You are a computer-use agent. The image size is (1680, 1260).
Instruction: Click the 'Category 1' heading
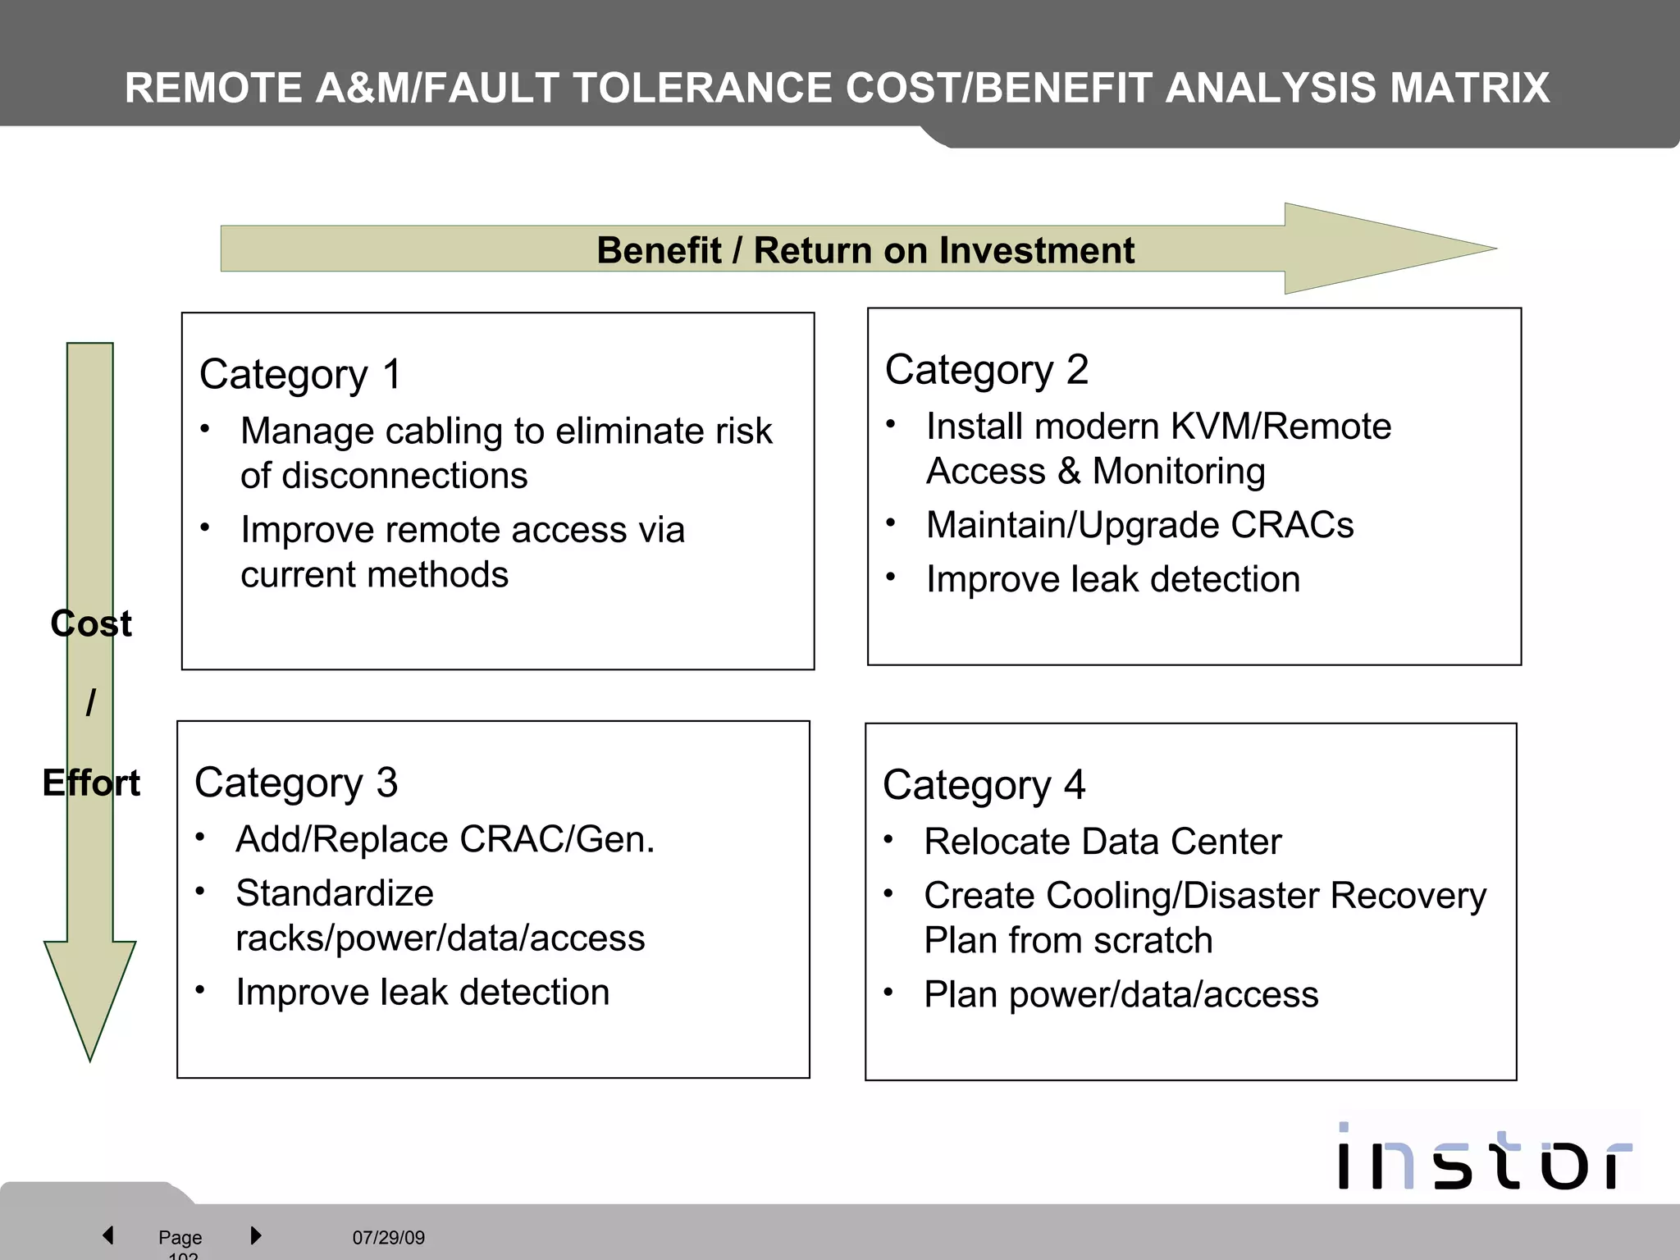(x=300, y=375)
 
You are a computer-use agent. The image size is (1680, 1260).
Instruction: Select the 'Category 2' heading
(x=986, y=370)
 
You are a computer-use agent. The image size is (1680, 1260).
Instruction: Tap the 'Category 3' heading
(x=295, y=783)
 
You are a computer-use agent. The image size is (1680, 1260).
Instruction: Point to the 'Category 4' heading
(x=984, y=785)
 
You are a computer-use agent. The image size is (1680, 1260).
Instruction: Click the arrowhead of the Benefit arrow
(x=1386, y=249)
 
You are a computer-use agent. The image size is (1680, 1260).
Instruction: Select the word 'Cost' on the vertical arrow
(x=91, y=624)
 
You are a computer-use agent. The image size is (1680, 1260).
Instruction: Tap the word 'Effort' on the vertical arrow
(x=91, y=783)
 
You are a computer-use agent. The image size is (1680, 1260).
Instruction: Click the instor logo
(x=1485, y=1157)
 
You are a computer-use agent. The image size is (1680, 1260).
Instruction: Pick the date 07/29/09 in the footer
(x=389, y=1237)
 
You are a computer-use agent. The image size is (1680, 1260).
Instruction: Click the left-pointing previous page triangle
(x=108, y=1235)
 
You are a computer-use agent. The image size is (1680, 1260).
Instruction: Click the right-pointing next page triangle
(x=255, y=1235)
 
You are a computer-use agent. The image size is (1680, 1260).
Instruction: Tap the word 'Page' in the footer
(x=180, y=1237)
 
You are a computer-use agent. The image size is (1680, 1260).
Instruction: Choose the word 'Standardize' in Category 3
(x=335, y=893)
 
